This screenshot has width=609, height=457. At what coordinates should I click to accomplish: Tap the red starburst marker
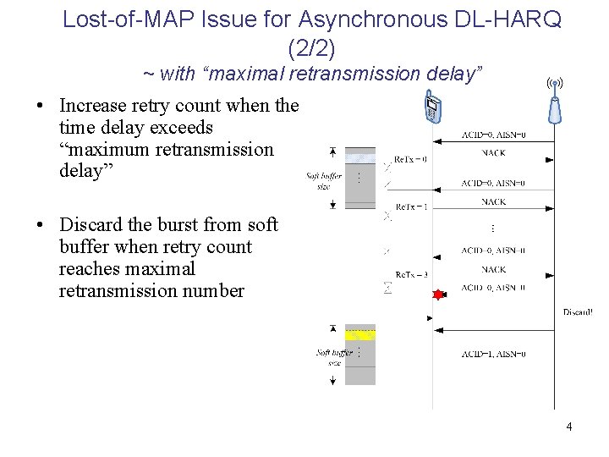(438, 295)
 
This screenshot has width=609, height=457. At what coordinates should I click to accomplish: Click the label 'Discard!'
(578, 312)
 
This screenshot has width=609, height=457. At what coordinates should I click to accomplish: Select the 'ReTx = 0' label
(411, 159)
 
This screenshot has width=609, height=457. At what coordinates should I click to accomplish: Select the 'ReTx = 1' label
(411, 207)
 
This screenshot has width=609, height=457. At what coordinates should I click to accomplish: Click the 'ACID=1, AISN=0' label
(493, 355)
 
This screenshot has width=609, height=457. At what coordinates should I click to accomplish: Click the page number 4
(569, 427)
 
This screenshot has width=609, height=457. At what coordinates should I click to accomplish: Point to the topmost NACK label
(493, 153)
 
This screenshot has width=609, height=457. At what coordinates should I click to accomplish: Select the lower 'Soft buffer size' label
(334, 356)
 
